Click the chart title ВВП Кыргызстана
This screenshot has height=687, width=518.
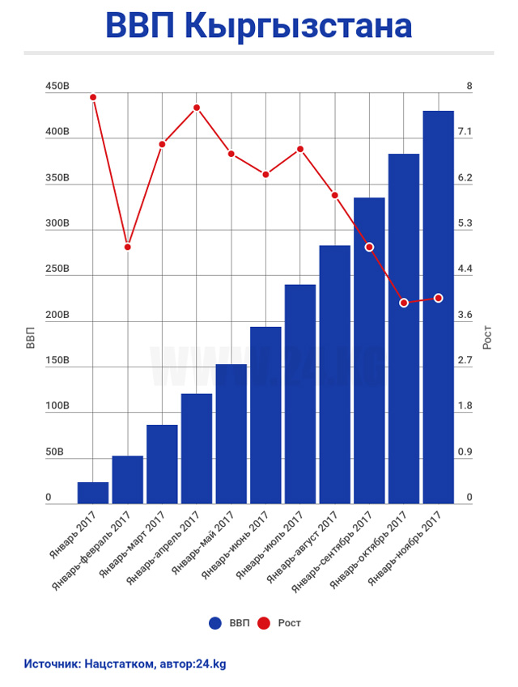pos(258,26)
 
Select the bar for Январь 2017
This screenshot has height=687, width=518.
pos(93,493)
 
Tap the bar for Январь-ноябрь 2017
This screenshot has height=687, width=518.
pos(438,307)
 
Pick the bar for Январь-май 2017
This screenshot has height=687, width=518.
pos(231,435)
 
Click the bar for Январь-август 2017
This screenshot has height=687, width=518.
pos(334,375)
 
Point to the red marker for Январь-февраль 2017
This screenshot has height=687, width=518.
pos(128,247)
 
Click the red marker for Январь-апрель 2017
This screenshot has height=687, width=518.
pos(197,108)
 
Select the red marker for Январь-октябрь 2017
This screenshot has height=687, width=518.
pos(404,303)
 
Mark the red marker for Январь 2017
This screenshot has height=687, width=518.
pos(93,97)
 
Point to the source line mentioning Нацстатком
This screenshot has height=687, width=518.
pos(125,663)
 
